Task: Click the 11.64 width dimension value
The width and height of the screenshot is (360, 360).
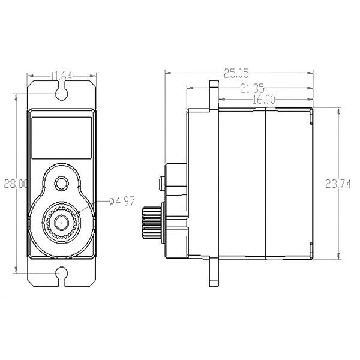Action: [61, 76]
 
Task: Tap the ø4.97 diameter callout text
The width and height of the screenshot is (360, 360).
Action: [122, 202]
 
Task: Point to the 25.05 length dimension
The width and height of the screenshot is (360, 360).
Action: [236, 74]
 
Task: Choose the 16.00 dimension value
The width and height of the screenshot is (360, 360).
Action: [265, 100]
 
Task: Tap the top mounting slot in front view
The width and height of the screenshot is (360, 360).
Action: [61, 92]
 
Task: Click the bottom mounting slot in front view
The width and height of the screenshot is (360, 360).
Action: [61, 275]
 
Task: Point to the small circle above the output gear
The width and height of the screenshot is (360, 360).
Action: [61, 183]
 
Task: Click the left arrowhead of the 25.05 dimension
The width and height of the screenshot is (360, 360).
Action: [168, 74]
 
